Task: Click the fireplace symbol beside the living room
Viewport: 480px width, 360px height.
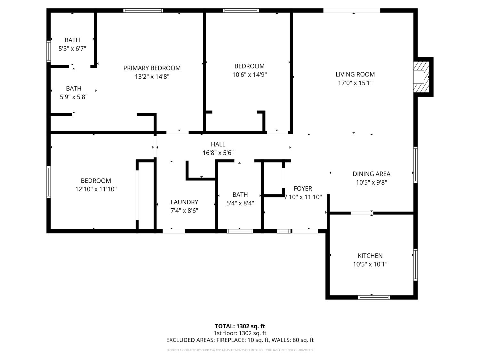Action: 420,77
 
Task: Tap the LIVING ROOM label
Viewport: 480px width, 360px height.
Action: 355,75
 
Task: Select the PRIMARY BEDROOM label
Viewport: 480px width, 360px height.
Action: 152,68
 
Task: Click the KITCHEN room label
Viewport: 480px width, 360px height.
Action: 370,256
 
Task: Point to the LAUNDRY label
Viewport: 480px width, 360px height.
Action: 184,202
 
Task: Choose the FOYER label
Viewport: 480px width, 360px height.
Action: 303,188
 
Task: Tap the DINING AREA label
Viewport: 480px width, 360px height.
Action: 371,174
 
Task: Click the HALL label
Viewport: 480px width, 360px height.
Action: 218,144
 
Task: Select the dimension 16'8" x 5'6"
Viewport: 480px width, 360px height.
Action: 218,153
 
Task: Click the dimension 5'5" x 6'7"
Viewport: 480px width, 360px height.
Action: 72,49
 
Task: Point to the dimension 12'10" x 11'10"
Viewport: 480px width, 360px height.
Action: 96,189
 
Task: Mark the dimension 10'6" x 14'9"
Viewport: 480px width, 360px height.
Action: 249,75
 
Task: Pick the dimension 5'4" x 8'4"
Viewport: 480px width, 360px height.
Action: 240,203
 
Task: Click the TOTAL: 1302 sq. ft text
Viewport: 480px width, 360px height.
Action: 240,326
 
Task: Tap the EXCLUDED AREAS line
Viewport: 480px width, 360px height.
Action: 240,340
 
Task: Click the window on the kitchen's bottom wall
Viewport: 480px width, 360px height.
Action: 374,297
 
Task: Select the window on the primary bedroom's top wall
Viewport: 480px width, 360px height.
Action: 143,11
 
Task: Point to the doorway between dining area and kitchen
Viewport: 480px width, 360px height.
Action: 362,213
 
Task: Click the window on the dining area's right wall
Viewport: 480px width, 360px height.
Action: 415,164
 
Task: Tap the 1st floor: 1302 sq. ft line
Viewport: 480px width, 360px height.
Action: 240,333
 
